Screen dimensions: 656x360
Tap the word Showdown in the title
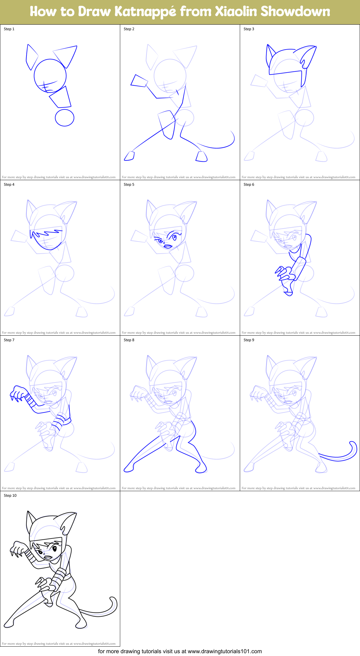click(295, 12)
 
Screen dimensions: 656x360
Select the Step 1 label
click(9, 29)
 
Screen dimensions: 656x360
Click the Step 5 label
click(129, 184)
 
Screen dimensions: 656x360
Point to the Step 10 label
click(10, 496)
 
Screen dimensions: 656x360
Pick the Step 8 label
click(129, 340)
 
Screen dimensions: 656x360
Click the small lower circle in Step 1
click(64, 117)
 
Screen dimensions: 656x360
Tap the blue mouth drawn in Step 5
click(168, 246)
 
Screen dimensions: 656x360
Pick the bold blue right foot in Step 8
click(201, 468)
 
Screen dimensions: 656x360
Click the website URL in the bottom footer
click(225, 651)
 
